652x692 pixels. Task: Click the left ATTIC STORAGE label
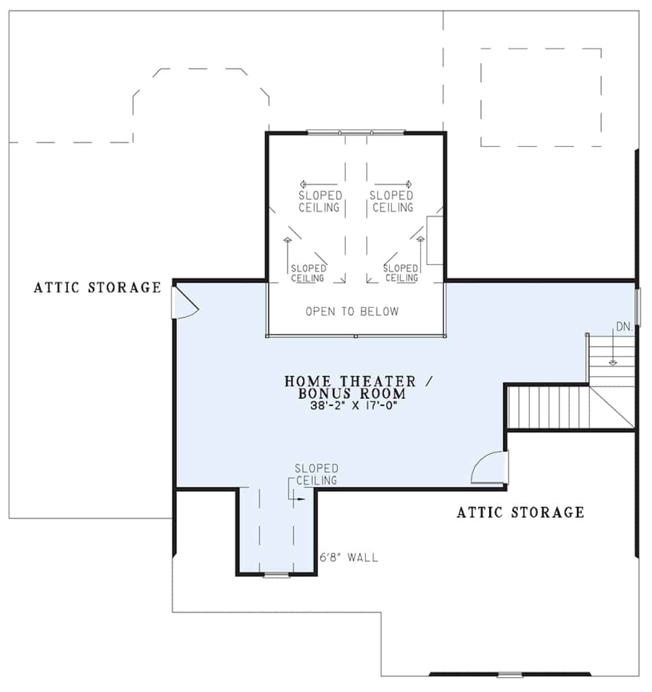point(98,287)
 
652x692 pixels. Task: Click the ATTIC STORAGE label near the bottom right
point(520,512)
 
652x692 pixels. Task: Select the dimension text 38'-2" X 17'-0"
point(354,405)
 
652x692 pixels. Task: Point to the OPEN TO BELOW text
point(352,311)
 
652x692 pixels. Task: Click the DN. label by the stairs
point(624,326)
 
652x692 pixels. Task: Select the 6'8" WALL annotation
point(349,558)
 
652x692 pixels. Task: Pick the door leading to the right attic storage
point(490,468)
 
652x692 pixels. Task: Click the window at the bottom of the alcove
point(276,574)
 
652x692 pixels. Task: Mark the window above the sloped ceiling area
point(355,133)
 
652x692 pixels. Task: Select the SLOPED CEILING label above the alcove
point(316,475)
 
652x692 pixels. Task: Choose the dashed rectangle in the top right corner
point(541,97)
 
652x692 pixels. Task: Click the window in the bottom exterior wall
point(510,674)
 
